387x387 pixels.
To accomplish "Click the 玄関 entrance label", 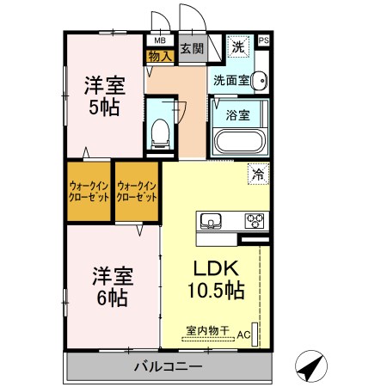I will pyautogui.click(x=192, y=49).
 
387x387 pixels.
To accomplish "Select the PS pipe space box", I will pyautogui.click(x=263, y=40).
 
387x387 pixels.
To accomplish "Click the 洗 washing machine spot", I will pyautogui.click(x=238, y=48).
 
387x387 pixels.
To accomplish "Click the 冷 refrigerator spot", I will pyautogui.click(x=257, y=173).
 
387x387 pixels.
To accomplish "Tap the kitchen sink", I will pyautogui.click(x=212, y=221).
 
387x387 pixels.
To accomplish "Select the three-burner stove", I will pyautogui.click(x=255, y=220).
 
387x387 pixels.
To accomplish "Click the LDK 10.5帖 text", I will pyautogui.click(x=217, y=278).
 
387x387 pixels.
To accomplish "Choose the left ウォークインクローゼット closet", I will pyautogui.click(x=89, y=191).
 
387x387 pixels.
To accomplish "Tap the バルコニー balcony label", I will pyautogui.click(x=168, y=367).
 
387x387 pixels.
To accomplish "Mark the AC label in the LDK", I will pyautogui.click(x=243, y=334).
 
